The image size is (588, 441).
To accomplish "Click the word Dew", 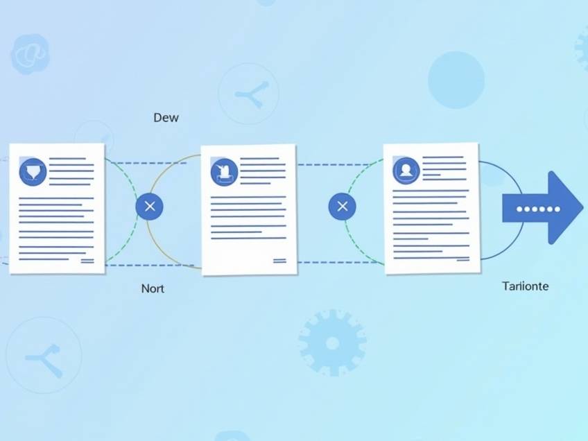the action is pyautogui.click(x=166, y=117).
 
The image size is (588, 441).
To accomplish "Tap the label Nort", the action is pyautogui.click(x=153, y=288).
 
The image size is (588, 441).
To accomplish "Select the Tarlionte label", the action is pyautogui.click(x=525, y=286).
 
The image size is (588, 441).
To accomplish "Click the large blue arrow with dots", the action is pyautogui.click(x=543, y=208).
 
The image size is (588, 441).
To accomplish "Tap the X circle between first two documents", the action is pyautogui.click(x=149, y=206).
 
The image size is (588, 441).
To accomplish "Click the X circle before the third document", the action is pyautogui.click(x=343, y=206).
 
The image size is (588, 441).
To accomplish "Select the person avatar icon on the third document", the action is pyautogui.click(x=406, y=171).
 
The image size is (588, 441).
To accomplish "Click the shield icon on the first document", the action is pyautogui.click(x=33, y=172).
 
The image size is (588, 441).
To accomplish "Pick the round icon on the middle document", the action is pyautogui.click(x=224, y=172).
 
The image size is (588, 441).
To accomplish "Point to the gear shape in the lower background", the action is pyautogui.click(x=332, y=343).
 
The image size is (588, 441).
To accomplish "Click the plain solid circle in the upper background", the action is pyautogui.click(x=456, y=80).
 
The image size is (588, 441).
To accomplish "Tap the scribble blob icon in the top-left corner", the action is pyautogui.click(x=30, y=54).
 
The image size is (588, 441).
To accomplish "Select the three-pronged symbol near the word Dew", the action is pyautogui.click(x=252, y=94).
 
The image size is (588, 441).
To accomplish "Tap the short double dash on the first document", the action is pyautogui.click(x=87, y=261).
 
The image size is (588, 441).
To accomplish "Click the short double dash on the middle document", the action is pyautogui.click(x=279, y=261).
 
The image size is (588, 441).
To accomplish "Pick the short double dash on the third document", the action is pyautogui.click(x=462, y=259).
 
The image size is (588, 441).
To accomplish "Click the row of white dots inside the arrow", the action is pyautogui.click(x=538, y=209).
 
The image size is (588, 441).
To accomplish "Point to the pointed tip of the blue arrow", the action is pyautogui.click(x=582, y=207).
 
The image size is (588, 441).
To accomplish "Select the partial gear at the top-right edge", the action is pyautogui.click(x=581, y=51).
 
